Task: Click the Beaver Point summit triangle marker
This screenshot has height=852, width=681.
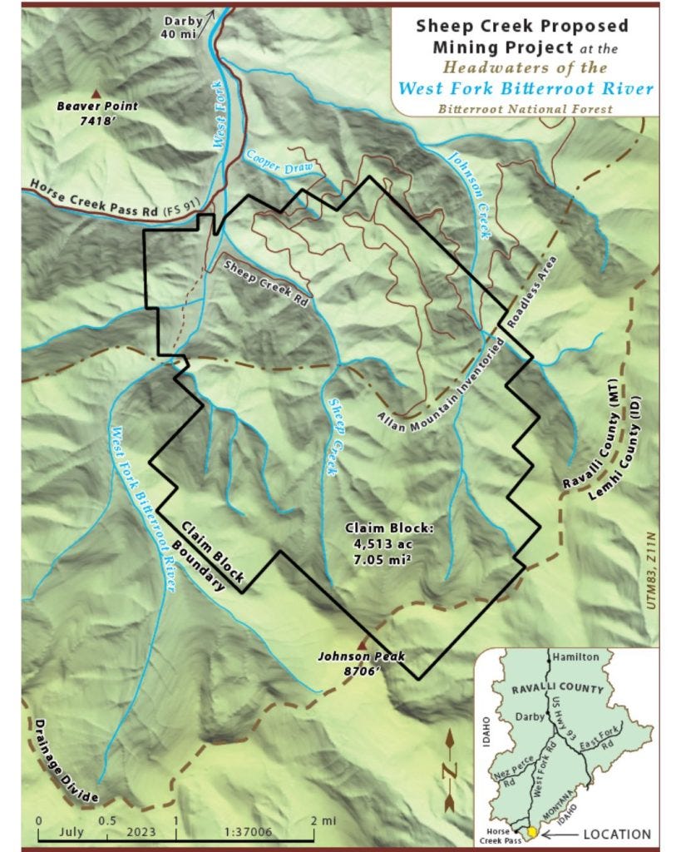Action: click(97, 93)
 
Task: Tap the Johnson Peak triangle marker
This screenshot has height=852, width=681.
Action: click(362, 643)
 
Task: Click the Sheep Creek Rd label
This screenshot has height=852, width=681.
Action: click(264, 280)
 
